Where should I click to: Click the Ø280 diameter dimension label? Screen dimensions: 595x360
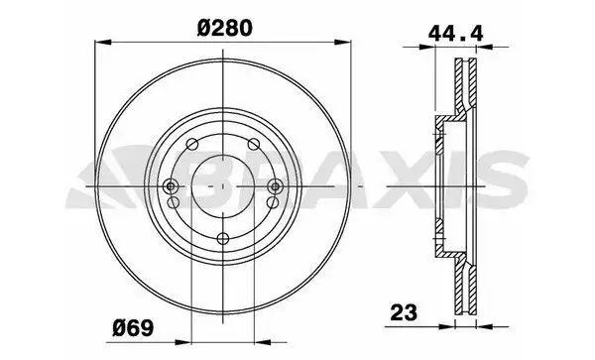[x=224, y=28]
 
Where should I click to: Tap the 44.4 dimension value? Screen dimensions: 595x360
[x=456, y=34]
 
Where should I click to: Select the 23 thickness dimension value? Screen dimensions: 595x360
[x=404, y=312]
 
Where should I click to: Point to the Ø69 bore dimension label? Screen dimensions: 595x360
[x=133, y=328]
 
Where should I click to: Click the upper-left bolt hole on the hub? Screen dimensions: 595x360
[x=192, y=144]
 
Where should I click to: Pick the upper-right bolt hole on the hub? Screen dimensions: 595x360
[x=254, y=144]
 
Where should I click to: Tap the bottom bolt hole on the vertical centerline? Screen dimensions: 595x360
[x=223, y=239]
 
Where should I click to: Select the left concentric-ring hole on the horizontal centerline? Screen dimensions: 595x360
[x=172, y=186]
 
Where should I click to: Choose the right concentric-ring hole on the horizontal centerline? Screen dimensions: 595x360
[x=275, y=186]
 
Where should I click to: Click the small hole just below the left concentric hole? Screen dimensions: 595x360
[x=174, y=202]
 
